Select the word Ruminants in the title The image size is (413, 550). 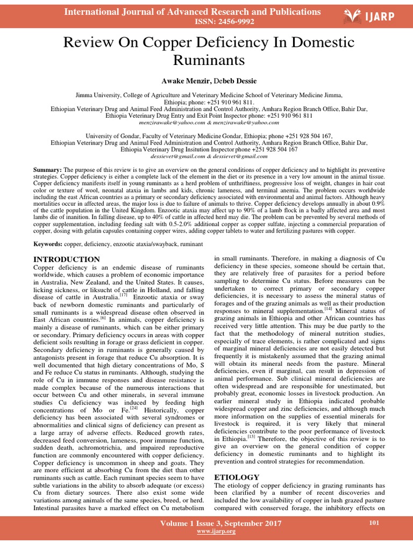pyautogui.click(x=206, y=60)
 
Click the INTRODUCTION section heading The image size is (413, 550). pyautogui.click(x=67, y=259)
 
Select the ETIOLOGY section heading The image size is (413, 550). pyautogui.click(x=237, y=477)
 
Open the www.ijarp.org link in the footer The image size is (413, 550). pyautogui.click(x=217, y=531)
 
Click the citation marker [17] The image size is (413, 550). pyautogui.click(x=123, y=294)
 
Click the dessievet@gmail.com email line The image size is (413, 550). pyautogui.click(x=206, y=156)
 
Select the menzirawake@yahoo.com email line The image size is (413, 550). pyautogui.click(x=206, y=122)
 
